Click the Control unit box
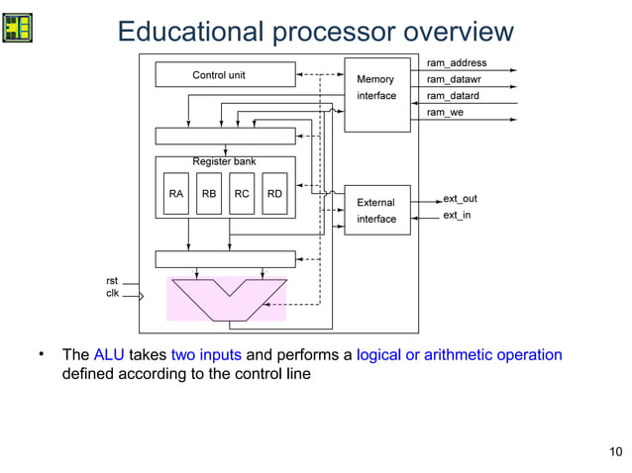(x=225, y=75)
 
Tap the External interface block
(x=375, y=211)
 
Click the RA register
(x=175, y=195)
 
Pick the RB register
(x=209, y=195)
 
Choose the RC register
(x=242, y=195)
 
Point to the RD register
(x=275, y=195)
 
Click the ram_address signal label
(x=456, y=62)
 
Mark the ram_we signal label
(x=445, y=113)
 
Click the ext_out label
(x=460, y=199)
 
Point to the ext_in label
(x=457, y=215)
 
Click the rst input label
(x=112, y=281)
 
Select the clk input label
(x=112, y=294)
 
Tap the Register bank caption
(x=224, y=161)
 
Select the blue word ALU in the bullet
(x=109, y=355)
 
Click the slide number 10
(x=615, y=453)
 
